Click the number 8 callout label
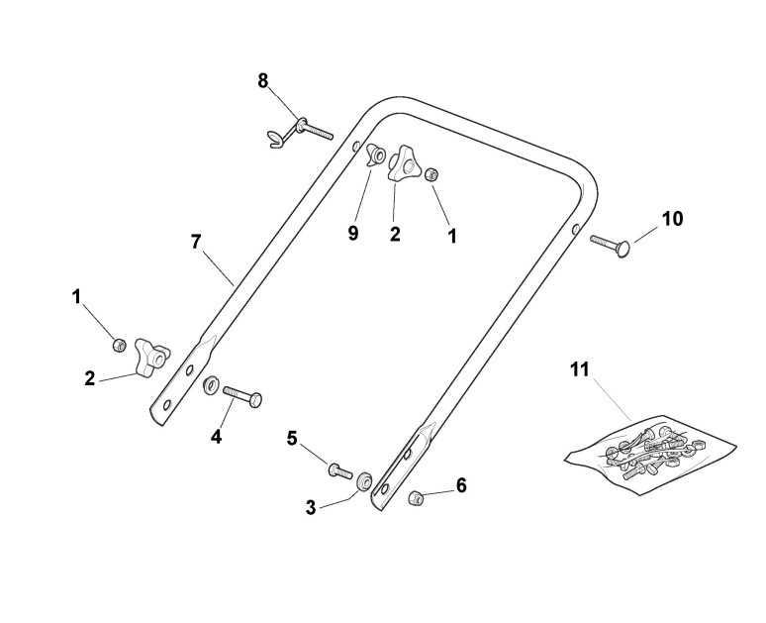pos(263,81)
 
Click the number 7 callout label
pos(195,241)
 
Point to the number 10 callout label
pos(672,218)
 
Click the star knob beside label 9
pos(403,164)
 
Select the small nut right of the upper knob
pos(431,175)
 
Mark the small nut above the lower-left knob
pos(119,345)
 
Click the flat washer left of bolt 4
pos(211,383)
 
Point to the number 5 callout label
pos(292,437)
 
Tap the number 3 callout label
pos(311,507)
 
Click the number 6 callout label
pos(460,485)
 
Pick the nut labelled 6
pos(417,495)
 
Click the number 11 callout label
pos(579,369)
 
